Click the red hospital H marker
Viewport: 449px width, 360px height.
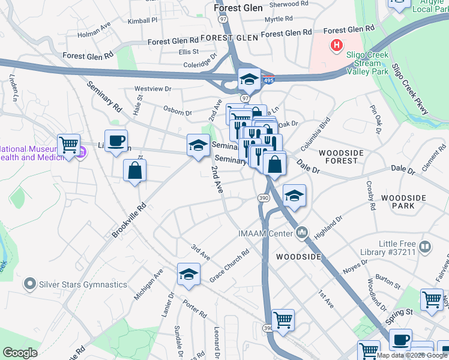(337, 45)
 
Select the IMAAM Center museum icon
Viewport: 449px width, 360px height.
(301, 232)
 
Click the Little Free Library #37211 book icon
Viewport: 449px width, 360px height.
(425, 247)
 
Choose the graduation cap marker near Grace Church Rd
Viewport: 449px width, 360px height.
(188, 274)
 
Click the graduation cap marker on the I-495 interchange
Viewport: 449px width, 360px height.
(249, 79)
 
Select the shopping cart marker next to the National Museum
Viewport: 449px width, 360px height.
(68, 145)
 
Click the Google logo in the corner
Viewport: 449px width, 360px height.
(20, 353)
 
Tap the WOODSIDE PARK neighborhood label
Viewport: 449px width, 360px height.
(403, 202)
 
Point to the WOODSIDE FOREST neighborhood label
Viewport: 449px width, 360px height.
(341, 157)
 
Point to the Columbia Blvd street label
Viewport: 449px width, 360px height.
(316, 133)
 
